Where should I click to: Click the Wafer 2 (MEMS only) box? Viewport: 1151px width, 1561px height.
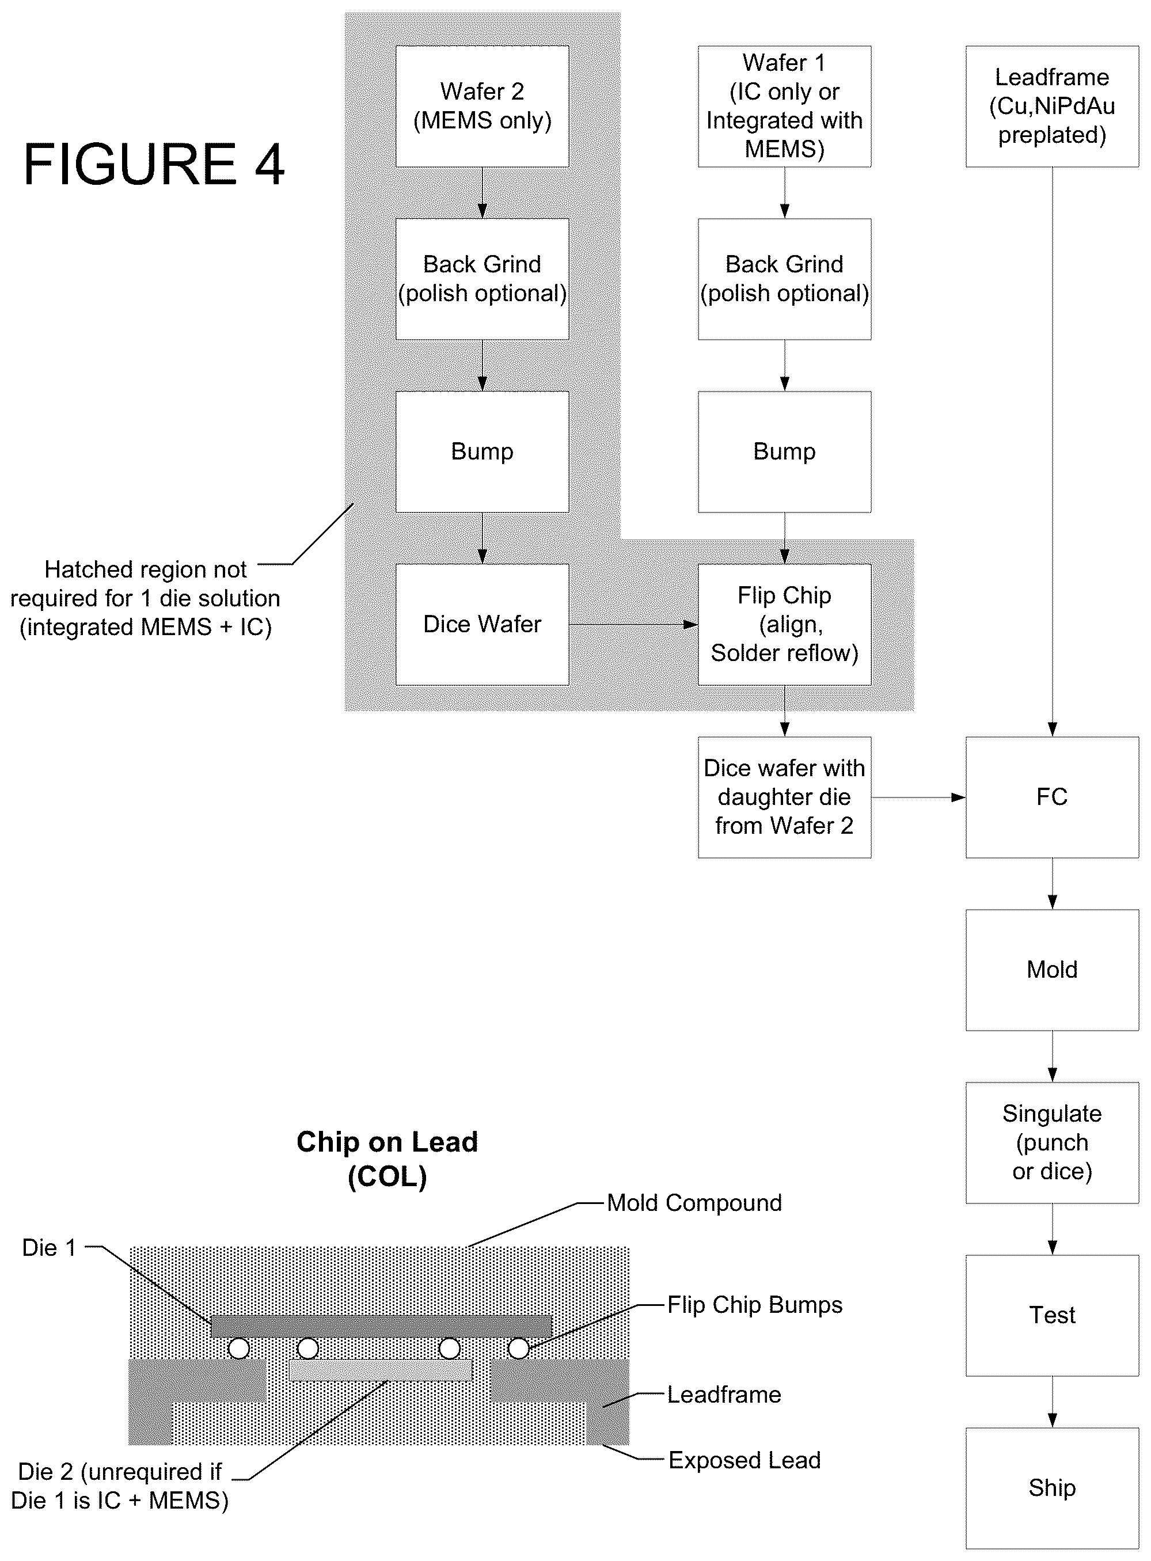pyautogui.click(x=482, y=106)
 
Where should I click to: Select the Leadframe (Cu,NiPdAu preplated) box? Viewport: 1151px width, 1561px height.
pyautogui.click(x=1052, y=106)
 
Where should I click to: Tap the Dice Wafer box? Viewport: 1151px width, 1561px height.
pyautogui.click(x=482, y=624)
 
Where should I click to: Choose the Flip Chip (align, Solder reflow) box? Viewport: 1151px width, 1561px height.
pyautogui.click(x=785, y=624)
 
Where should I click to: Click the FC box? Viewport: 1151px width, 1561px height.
pyautogui.click(x=1052, y=797)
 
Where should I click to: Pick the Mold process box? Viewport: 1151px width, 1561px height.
pyautogui.click(x=1052, y=970)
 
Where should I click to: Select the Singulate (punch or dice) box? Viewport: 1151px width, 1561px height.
pyautogui.click(x=1052, y=1142)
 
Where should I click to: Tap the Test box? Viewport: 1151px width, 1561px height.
pyautogui.click(x=1052, y=1315)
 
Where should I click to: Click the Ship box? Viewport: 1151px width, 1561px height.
pyautogui.click(x=1052, y=1488)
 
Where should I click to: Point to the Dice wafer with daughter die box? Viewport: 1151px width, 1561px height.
pyautogui.click(x=785, y=797)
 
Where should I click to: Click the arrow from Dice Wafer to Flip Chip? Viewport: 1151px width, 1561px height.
pyautogui.click(x=633, y=625)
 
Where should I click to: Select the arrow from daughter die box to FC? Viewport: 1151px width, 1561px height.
pyautogui.click(x=918, y=797)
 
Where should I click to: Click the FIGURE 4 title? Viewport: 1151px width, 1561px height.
pyautogui.click(x=154, y=164)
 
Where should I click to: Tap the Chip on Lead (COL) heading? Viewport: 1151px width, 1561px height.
pyautogui.click(x=388, y=1159)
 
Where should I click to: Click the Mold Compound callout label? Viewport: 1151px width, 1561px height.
pyautogui.click(x=694, y=1203)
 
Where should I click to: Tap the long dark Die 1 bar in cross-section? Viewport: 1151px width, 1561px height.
pyautogui.click(x=382, y=1326)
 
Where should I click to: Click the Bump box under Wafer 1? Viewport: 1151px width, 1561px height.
pyautogui.click(x=785, y=451)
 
